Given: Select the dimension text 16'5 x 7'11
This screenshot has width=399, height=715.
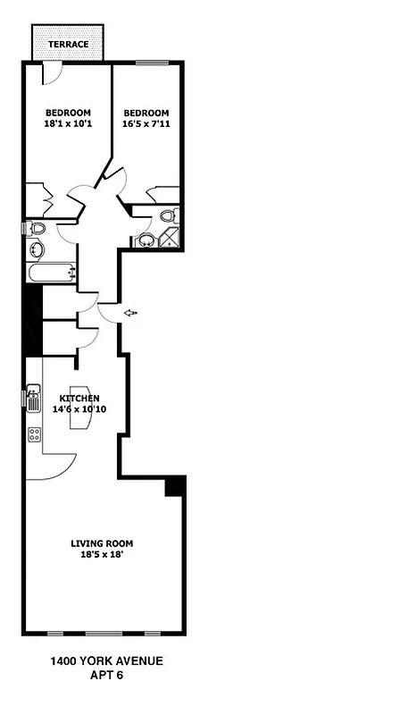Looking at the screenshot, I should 145,126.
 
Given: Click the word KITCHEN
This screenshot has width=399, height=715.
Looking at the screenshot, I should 79,398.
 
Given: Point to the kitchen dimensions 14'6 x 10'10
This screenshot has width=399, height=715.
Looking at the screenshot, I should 79,409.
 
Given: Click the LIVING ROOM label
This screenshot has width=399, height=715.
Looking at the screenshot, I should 103,543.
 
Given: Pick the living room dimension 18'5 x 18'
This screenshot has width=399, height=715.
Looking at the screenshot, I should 103,554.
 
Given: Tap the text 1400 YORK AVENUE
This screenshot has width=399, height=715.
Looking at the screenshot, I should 106,662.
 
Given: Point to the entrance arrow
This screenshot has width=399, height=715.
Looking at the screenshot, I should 130,313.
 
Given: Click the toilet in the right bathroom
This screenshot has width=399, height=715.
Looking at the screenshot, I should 167,216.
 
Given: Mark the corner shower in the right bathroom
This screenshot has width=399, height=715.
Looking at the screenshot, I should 168,238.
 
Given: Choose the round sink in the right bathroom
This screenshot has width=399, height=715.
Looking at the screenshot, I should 145,240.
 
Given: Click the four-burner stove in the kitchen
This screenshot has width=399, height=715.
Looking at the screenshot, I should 35,434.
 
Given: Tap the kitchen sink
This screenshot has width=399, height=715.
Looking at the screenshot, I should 34,398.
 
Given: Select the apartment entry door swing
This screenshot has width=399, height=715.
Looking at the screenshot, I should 107,313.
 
